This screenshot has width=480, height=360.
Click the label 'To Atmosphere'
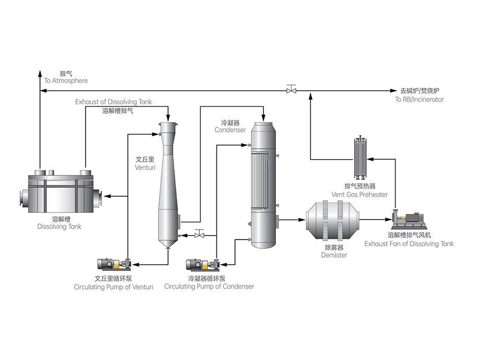66,81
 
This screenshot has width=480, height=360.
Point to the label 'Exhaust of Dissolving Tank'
113,102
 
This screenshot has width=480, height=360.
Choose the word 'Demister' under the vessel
334,255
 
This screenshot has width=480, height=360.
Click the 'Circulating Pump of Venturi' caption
113,286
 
